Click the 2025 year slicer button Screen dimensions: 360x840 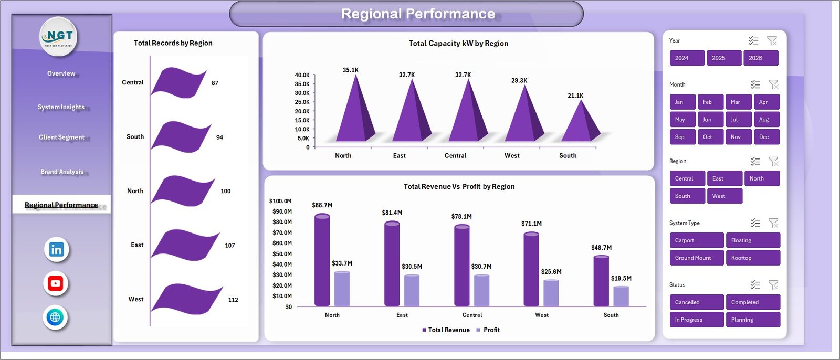[x=723, y=58]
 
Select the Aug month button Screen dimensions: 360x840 [x=765, y=120]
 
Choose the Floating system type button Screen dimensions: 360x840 [x=752, y=240]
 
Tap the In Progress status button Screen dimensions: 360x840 [x=696, y=320]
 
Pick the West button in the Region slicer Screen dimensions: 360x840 [x=724, y=196]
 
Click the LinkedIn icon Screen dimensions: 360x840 [x=56, y=249]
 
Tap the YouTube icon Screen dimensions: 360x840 [x=56, y=283]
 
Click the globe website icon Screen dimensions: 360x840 [x=55, y=317]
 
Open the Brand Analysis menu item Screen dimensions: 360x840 [x=62, y=172]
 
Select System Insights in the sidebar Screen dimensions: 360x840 [x=61, y=107]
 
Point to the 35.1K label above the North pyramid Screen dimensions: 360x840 [x=351, y=70]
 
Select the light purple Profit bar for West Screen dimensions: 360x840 [x=551, y=293]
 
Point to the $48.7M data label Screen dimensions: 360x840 [x=601, y=248]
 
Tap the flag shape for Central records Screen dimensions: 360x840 [x=178, y=82]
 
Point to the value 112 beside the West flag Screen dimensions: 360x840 [x=233, y=300]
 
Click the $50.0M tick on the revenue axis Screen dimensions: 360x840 [x=281, y=254]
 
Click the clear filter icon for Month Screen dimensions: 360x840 [x=773, y=84]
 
